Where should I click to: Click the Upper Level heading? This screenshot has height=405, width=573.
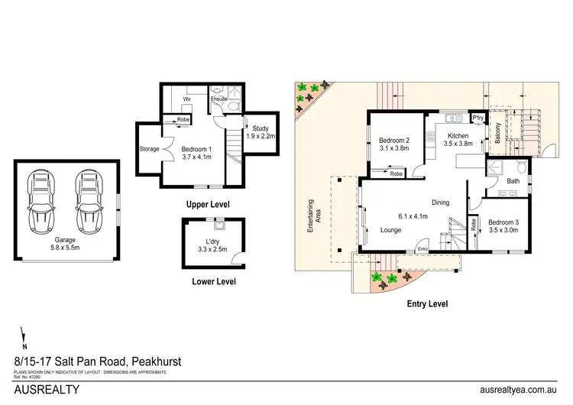click(x=208, y=205)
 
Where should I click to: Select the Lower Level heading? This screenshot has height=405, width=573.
click(x=213, y=281)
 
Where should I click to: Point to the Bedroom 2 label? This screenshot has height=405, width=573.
click(x=396, y=144)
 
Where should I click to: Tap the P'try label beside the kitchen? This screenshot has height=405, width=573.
click(x=479, y=118)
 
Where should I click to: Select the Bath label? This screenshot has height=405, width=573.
click(x=513, y=181)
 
